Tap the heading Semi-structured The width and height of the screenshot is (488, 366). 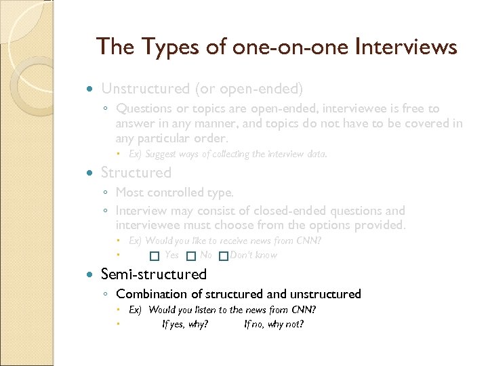click(x=154, y=274)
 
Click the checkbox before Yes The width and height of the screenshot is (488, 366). click(x=155, y=256)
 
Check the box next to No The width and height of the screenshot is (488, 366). click(x=191, y=256)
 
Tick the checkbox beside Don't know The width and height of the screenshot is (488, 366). click(x=223, y=256)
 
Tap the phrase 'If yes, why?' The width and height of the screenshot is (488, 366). click(x=185, y=324)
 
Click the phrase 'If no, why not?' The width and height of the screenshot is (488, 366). click(x=274, y=324)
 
